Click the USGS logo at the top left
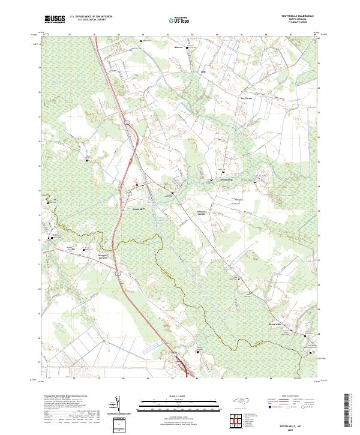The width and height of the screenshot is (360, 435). (x=54, y=20)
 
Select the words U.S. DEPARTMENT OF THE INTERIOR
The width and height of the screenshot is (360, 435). (x=91, y=17)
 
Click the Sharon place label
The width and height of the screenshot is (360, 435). (x=178, y=47)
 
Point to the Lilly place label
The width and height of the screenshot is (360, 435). (x=202, y=73)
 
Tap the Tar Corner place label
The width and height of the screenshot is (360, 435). (x=247, y=98)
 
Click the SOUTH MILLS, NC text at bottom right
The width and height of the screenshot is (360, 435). (x=284, y=425)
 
